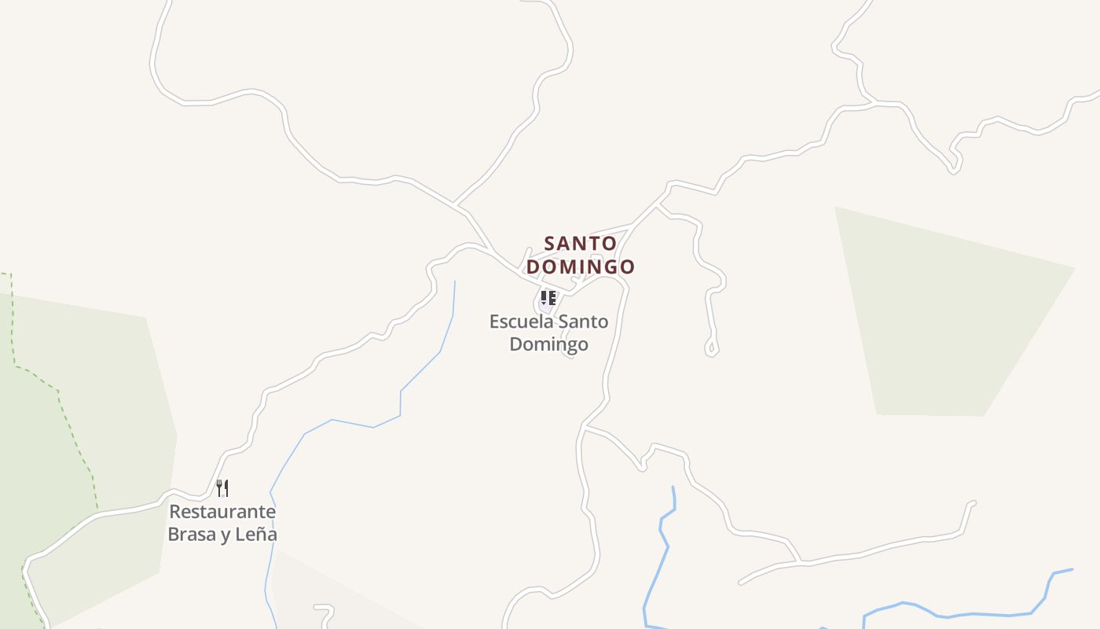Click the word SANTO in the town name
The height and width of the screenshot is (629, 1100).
click(x=580, y=244)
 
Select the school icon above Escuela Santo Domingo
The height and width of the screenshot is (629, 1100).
click(x=548, y=298)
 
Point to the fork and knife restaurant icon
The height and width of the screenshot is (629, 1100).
click(x=222, y=488)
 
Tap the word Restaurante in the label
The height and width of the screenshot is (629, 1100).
click(x=222, y=512)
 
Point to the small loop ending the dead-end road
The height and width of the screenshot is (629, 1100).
click(x=711, y=347)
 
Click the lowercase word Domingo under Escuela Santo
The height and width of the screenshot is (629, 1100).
click(x=548, y=344)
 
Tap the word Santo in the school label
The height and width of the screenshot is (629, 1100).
click(x=582, y=322)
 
